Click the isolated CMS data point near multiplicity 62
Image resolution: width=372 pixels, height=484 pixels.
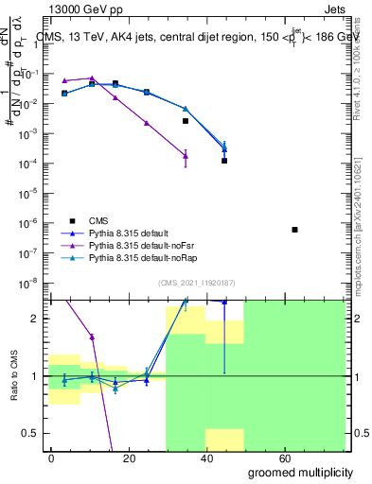tap(295, 230)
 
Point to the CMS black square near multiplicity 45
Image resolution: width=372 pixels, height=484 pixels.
tap(224, 161)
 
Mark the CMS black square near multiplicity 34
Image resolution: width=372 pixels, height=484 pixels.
tap(186, 121)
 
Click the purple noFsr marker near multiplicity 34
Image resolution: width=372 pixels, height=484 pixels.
tap(186, 155)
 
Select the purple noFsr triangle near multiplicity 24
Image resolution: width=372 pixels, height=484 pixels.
tap(146, 123)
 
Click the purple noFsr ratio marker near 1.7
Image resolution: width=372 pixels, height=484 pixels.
tap(92, 337)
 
